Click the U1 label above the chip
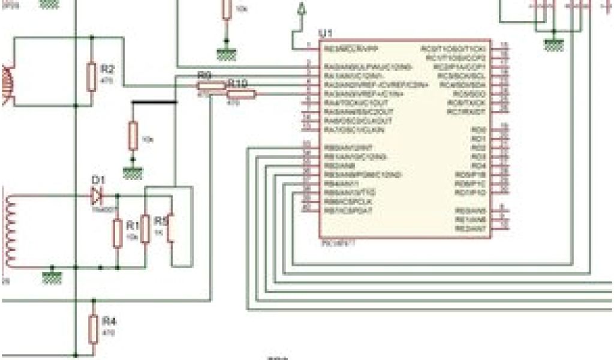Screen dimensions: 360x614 coord(326,32)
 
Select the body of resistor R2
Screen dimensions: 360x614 coord(91,77)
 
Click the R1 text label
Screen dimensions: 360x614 coord(132,225)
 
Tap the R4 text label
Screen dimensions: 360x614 coord(109,322)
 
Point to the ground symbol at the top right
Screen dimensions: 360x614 coord(552,44)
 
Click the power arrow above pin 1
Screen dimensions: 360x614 coord(302,10)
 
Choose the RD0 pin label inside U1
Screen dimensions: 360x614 coord(478,130)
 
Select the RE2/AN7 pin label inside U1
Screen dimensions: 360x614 coord(471,229)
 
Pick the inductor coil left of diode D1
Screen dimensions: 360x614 coord(10,231)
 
